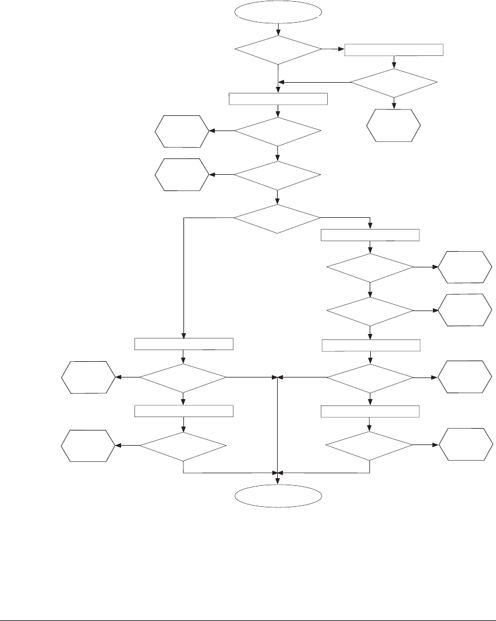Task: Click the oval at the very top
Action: (x=278, y=12)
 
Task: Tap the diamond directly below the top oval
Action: (x=278, y=50)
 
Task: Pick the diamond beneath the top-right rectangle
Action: (x=394, y=83)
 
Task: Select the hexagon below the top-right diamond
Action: (x=394, y=125)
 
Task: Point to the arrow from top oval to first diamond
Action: (x=278, y=29)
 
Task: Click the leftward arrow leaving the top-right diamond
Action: (x=314, y=82)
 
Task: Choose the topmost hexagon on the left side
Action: (x=182, y=131)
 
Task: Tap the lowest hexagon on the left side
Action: (x=88, y=446)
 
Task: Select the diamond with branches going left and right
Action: (x=277, y=219)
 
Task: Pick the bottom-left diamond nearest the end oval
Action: (x=183, y=446)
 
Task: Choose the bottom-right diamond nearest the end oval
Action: (x=369, y=446)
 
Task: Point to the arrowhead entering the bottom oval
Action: (x=278, y=481)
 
